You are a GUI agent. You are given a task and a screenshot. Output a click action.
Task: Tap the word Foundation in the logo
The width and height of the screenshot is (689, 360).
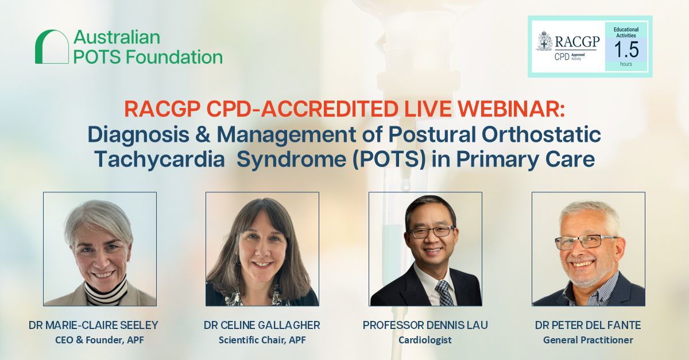tap(174, 57)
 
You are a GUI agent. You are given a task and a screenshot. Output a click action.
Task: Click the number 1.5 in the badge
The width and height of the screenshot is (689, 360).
tap(626, 49)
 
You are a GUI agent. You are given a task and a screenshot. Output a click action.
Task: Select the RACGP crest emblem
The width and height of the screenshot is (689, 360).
tap(544, 41)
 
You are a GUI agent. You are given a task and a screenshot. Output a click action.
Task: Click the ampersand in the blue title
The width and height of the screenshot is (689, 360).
tap(203, 134)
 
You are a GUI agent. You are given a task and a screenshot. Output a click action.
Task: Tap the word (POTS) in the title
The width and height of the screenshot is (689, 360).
tap(389, 160)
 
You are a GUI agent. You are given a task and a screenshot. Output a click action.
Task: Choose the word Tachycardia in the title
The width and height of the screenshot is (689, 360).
tap(160, 160)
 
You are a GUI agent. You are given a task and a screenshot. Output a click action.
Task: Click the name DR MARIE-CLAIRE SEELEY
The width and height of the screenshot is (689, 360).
tap(93, 325)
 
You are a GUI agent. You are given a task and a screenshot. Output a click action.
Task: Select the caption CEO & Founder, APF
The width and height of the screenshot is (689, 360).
tap(99, 340)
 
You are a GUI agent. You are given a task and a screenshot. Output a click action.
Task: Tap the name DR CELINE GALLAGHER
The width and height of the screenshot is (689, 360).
tap(262, 325)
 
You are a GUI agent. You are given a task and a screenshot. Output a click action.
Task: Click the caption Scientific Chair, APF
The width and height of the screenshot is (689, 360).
tap(262, 340)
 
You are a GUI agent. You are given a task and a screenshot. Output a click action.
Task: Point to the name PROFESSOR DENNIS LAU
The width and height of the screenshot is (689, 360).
tap(425, 325)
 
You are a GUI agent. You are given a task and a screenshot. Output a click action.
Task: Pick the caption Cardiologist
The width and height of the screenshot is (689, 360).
tap(425, 340)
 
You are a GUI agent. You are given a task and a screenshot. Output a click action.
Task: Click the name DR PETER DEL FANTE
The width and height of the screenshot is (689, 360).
tap(588, 325)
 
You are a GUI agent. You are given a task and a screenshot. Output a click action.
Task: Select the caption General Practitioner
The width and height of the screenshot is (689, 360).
tap(588, 340)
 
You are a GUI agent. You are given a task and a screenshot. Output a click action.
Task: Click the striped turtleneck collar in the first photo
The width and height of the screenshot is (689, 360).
tap(106, 291)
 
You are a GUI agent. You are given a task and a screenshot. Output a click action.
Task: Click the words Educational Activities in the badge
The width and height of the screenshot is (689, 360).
tap(626, 32)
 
